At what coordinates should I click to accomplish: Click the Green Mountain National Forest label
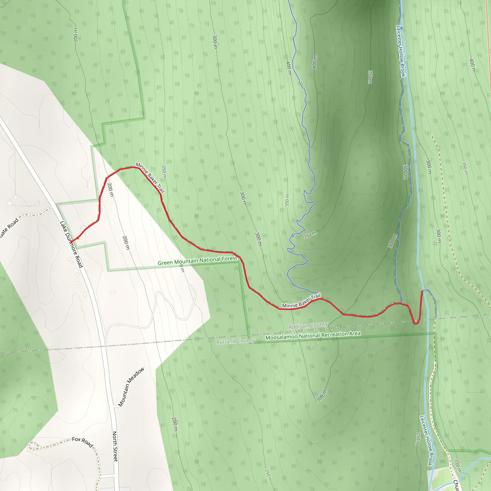click(x=197, y=261)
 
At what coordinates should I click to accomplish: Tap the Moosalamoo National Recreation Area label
click(x=313, y=335)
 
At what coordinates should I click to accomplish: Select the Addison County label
click(x=308, y=326)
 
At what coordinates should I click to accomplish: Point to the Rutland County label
click(x=235, y=341)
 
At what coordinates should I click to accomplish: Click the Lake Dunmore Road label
click(x=71, y=244)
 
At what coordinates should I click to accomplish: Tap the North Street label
click(x=115, y=446)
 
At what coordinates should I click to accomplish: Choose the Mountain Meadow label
click(x=131, y=387)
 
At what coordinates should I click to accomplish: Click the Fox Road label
click(x=82, y=442)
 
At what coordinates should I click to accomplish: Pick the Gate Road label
click(x=9, y=228)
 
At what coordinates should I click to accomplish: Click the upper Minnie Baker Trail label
click(x=150, y=177)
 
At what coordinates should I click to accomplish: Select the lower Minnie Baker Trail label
click(x=301, y=301)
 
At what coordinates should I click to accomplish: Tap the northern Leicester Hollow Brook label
click(x=401, y=51)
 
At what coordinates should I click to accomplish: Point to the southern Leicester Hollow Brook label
click(x=426, y=440)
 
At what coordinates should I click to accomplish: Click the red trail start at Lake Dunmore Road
click(x=71, y=242)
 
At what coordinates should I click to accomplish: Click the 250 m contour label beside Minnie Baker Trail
click(x=164, y=172)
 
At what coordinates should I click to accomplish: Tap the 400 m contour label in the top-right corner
click(x=472, y=65)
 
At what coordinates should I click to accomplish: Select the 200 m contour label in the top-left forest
click(x=76, y=35)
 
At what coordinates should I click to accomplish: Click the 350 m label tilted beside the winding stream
click(x=310, y=235)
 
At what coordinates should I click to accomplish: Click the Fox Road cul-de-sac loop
click(x=33, y=445)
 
